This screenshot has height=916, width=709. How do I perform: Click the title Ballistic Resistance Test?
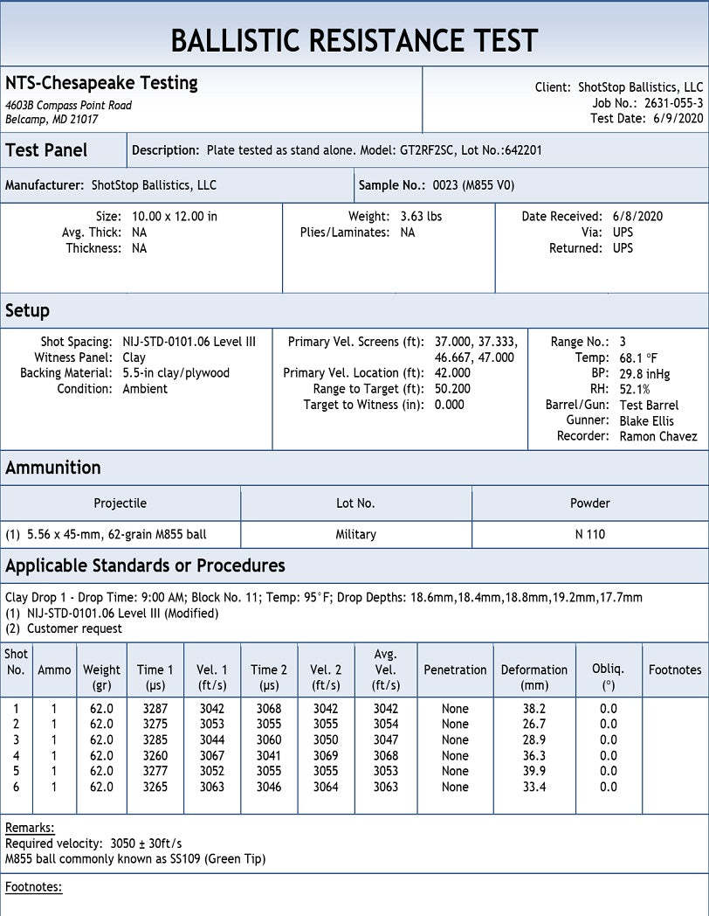(354, 40)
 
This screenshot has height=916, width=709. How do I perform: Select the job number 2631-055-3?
(673, 103)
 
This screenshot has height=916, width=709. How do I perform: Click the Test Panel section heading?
(46, 150)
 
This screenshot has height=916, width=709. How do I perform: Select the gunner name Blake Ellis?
(646, 420)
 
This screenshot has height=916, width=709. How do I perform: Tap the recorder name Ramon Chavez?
(658, 436)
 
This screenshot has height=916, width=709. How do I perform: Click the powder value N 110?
(590, 534)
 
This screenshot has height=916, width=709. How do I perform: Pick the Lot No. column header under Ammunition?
(355, 503)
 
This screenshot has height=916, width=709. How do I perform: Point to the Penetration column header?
(455, 670)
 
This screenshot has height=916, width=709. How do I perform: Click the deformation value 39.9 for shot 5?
(534, 771)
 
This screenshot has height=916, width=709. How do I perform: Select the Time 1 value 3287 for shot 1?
(155, 708)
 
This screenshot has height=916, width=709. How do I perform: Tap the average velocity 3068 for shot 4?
(386, 755)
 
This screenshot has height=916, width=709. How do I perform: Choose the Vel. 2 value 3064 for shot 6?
(326, 787)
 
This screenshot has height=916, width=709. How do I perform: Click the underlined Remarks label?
(30, 828)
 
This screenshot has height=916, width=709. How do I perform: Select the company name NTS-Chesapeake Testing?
(101, 83)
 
